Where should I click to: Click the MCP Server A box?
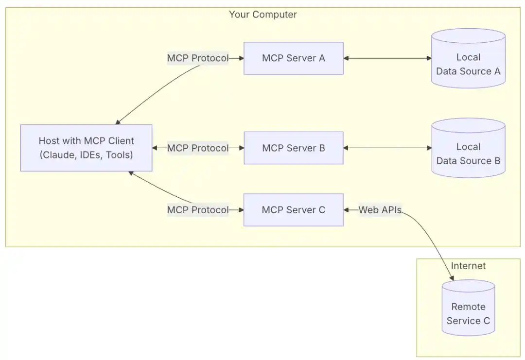tap(293, 58)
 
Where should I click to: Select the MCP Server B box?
tap(293, 148)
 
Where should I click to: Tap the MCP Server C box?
tap(293, 210)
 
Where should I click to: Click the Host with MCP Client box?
tap(86, 148)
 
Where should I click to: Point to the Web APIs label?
tap(380, 210)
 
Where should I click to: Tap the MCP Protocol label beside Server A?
tap(197, 58)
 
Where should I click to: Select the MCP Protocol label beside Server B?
tap(197, 148)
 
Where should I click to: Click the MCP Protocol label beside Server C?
tap(197, 210)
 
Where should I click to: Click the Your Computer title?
tap(262, 15)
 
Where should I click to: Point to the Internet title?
tap(468, 266)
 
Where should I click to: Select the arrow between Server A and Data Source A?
tap(387, 58)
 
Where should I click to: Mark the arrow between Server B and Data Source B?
tap(387, 148)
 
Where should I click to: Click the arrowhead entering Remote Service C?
tap(452, 278)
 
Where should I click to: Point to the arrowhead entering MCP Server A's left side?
tap(241, 58)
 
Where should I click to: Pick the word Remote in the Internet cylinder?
tap(468, 307)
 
